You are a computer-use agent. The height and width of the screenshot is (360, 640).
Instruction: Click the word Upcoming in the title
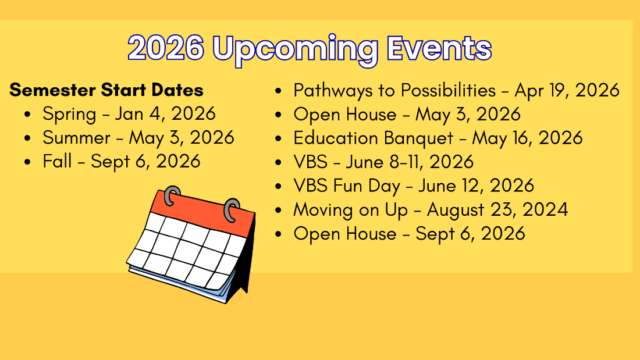(x=296, y=50)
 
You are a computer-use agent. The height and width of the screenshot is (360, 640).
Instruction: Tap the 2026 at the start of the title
(x=166, y=48)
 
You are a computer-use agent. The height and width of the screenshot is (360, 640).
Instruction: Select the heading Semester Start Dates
(x=106, y=90)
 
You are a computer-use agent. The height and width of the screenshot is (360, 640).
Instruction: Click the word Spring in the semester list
(x=69, y=115)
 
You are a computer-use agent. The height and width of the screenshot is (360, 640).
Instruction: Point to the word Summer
(x=76, y=138)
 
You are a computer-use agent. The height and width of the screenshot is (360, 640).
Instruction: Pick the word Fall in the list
(x=57, y=161)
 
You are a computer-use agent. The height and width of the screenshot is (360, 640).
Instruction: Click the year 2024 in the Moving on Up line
(x=545, y=210)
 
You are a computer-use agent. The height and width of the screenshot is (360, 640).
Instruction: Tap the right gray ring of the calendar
(x=232, y=210)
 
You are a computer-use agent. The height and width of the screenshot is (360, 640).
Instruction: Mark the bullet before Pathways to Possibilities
(x=278, y=91)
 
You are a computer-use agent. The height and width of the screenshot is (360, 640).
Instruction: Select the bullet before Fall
(x=27, y=162)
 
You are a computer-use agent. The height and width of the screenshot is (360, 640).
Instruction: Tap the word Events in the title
(x=439, y=48)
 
